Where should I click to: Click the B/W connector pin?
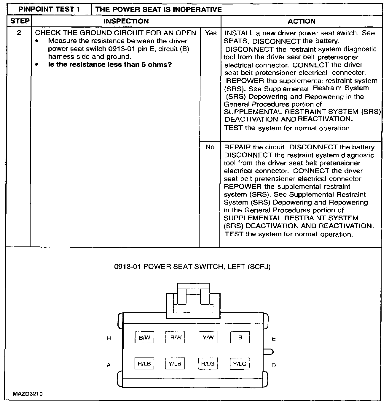(x=144, y=338)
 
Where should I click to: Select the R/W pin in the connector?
(x=176, y=338)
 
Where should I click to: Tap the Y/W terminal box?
(x=208, y=338)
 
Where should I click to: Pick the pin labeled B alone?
(x=240, y=338)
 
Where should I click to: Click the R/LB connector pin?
(x=144, y=364)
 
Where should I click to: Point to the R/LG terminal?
(x=208, y=364)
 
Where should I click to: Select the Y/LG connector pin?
(x=240, y=364)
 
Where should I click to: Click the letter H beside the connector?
(x=109, y=338)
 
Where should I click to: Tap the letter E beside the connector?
(x=274, y=339)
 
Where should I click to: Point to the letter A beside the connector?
(x=109, y=365)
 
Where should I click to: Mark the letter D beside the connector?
(x=274, y=365)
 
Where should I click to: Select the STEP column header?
(x=20, y=21)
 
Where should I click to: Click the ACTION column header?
(x=302, y=21)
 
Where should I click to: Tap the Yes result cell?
(x=211, y=33)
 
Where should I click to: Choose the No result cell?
(x=210, y=147)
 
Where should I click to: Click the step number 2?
(x=19, y=33)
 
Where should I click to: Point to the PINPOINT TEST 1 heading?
(x=49, y=9)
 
